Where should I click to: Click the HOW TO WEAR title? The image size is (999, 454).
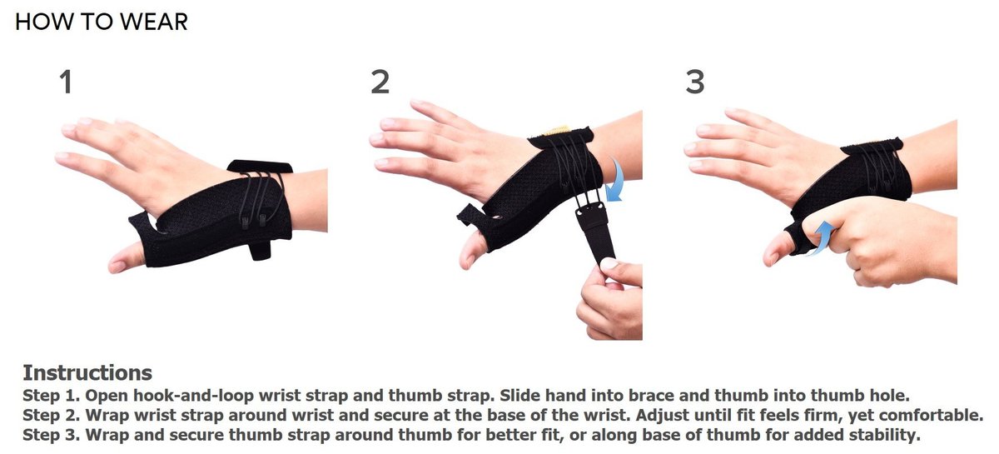(102, 22)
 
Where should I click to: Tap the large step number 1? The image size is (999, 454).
(66, 82)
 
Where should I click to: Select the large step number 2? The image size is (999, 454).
(380, 82)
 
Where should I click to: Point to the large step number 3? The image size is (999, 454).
(695, 82)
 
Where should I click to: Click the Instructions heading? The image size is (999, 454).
(87, 372)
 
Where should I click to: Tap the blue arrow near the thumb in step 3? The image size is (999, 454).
(821, 238)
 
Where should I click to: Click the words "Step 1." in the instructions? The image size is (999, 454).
(51, 396)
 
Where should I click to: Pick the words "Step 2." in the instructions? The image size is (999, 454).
(51, 416)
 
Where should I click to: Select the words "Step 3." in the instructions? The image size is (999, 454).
(51, 435)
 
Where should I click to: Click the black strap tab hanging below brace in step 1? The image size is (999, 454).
(260, 250)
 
